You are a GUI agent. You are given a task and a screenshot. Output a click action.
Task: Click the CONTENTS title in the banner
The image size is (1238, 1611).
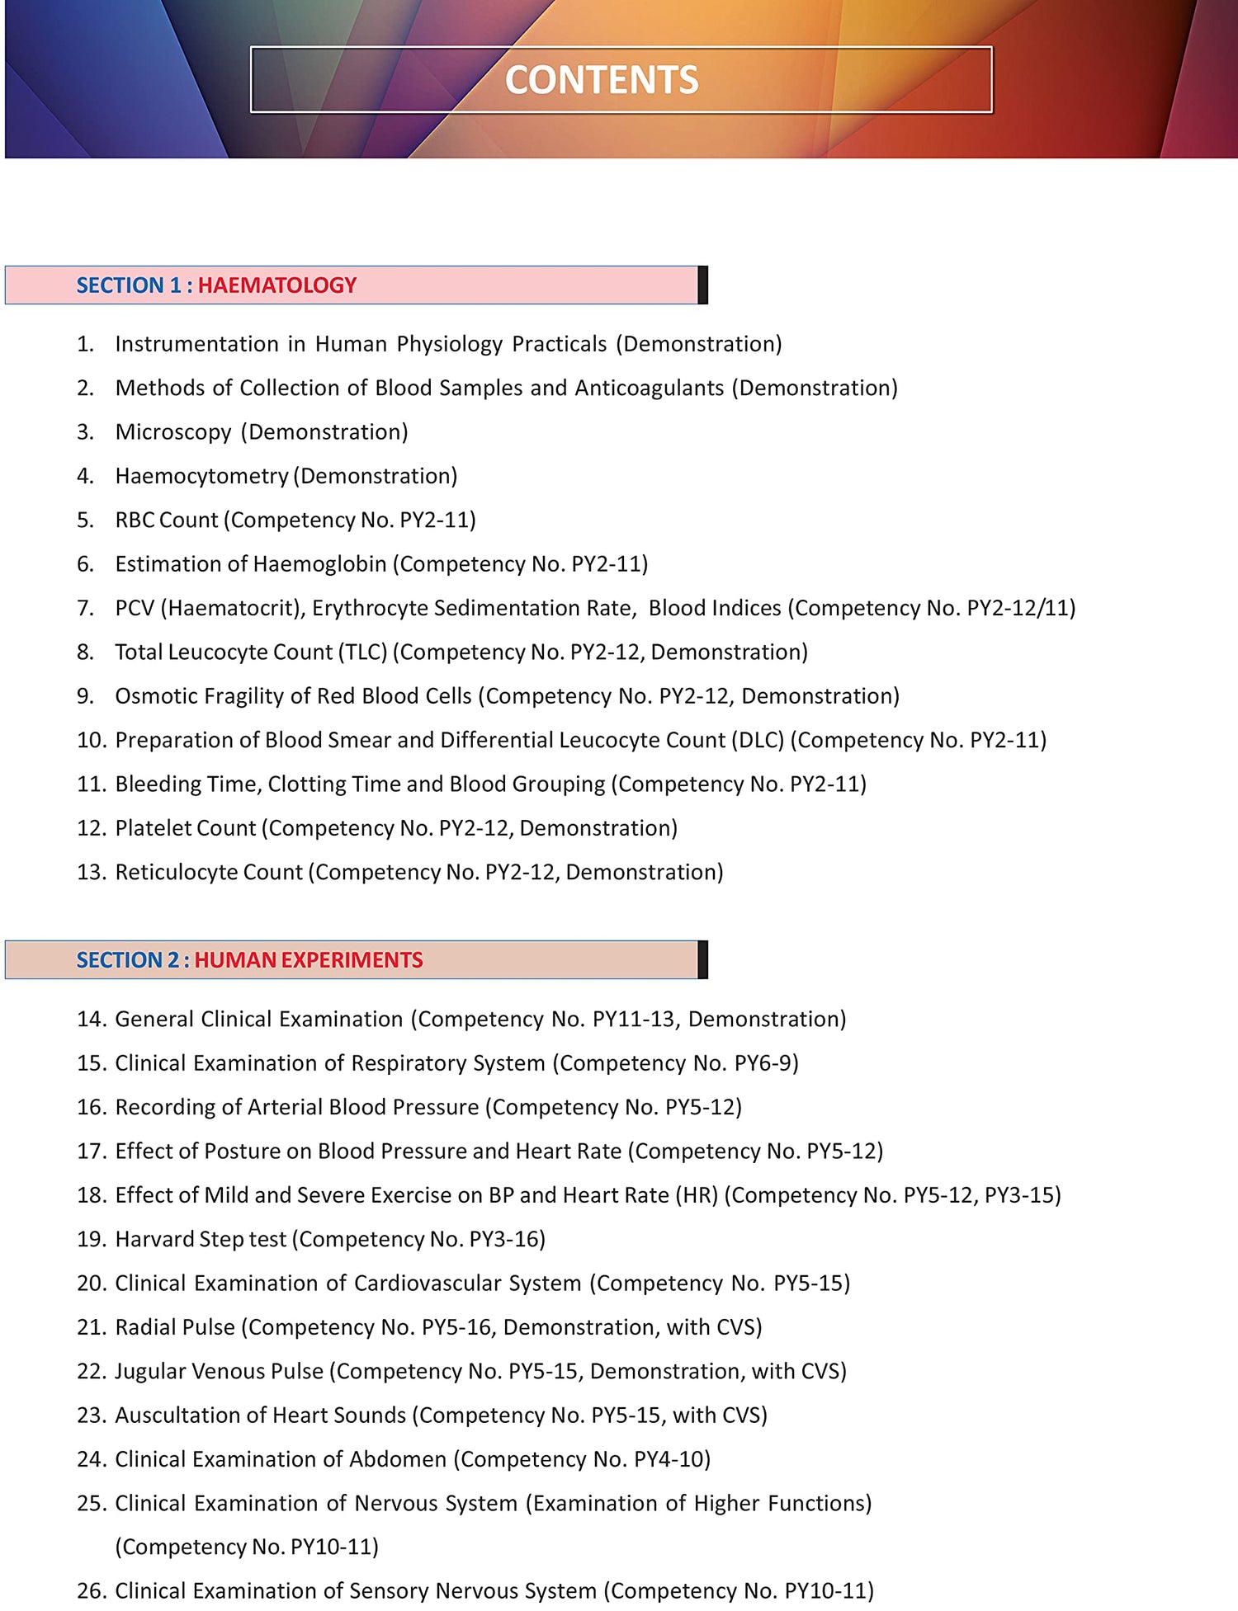(x=602, y=80)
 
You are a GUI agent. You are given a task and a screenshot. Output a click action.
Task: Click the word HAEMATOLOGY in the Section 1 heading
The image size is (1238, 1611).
(x=277, y=285)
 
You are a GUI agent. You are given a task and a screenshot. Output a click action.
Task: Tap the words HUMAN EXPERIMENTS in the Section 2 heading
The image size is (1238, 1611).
(x=309, y=960)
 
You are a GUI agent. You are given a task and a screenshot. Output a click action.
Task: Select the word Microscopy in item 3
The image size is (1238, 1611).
(x=173, y=432)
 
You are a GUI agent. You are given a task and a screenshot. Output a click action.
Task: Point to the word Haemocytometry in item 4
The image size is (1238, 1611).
(x=201, y=476)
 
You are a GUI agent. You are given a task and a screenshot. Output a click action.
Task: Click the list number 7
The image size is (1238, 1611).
(x=85, y=608)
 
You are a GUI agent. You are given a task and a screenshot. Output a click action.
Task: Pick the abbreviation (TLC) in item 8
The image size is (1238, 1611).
(x=362, y=652)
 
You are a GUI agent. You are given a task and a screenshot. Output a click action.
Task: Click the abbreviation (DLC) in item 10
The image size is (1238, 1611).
(x=758, y=740)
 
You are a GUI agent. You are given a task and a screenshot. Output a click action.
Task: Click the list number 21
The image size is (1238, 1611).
(x=92, y=1327)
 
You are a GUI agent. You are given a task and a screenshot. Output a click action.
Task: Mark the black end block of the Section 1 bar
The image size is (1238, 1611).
(x=702, y=285)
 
